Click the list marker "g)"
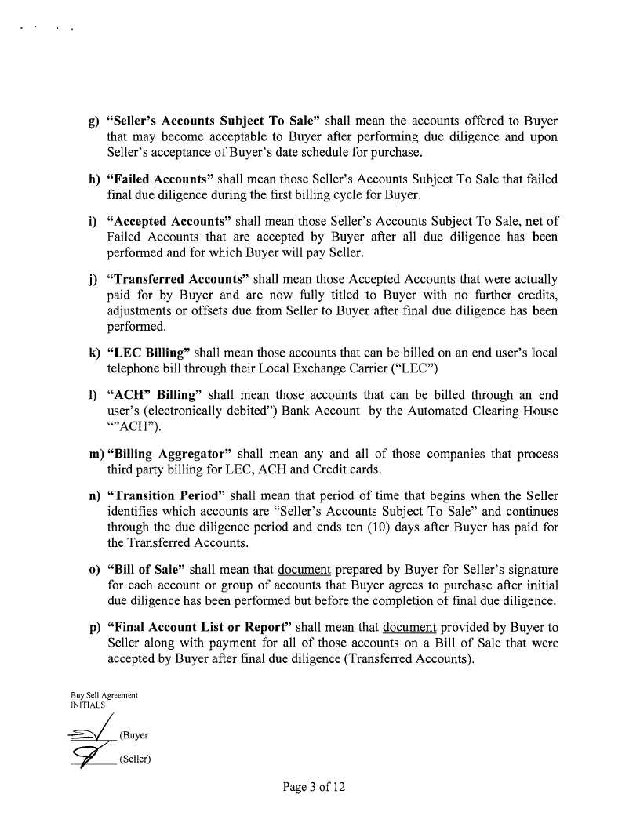(92, 123)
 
